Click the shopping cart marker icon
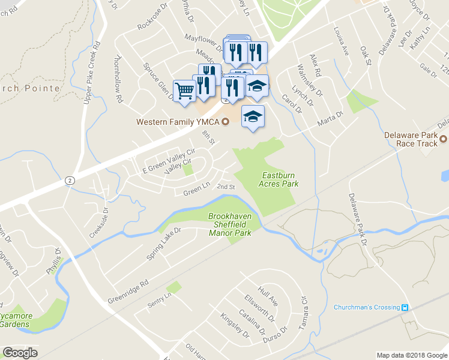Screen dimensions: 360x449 pyautogui.click(x=185, y=90)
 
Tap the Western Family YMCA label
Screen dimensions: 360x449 pyautogui.click(x=178, y=122)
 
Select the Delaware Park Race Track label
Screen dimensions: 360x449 pyautogui.click(x=411, y=139)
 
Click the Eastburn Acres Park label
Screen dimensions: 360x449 pyautogui.click(x=280, y=179)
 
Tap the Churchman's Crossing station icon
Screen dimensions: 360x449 pyautogui.click(x=405, y=308)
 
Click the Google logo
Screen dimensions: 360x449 pyautogui.click(x=20, y=353)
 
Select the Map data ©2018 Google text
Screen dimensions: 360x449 pyautogui.click(x=411, y=355)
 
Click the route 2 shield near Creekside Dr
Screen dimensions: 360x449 pyautogui.click(x=70, y=181)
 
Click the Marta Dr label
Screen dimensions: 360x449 pyautogui.click(x=330, y=115)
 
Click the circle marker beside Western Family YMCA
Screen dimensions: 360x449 pyautogui.click(x=226, y=122)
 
